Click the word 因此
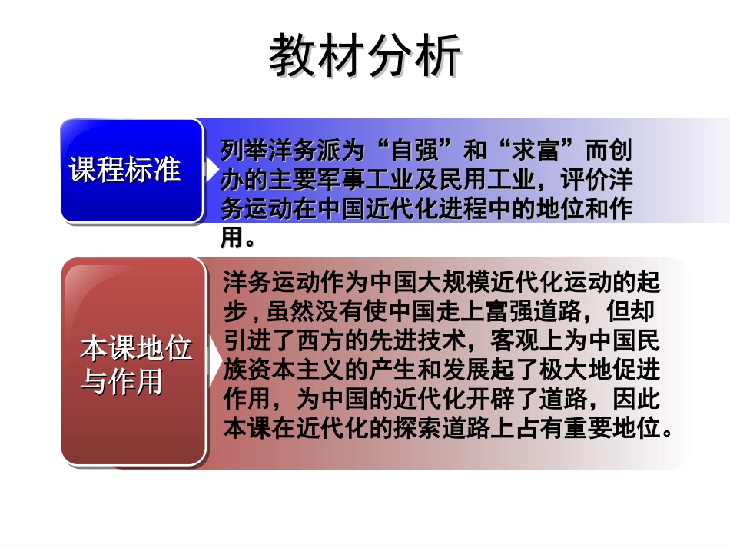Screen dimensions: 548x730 point(637,399)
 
